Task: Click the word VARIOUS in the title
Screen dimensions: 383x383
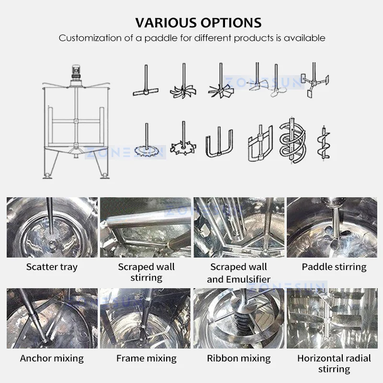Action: pyautogui.click(x=166, y=23)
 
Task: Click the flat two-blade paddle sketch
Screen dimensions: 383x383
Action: pyautogui.click(x=146, y=80)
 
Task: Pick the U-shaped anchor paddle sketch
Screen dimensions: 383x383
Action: pyautogui.click(x=219, y=142)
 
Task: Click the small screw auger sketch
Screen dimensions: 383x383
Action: pyautogui.click(x=324, y=144)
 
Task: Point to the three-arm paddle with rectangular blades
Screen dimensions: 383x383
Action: pyautogui.click(x=315, y=80)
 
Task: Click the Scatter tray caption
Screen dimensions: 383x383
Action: pyautogui.click(x=52, y=267)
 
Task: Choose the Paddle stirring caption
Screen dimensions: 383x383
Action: pyautogui.click(x=334, y=267)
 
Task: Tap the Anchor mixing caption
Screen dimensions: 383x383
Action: pyautogui.click(x=52, y=358)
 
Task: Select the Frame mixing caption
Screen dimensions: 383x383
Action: pyautogui.click(x=146, y=358)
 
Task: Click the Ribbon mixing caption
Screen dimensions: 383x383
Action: pyautogui.click(x=238, y=358)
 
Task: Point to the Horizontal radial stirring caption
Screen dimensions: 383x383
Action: pyautogui.click(x=334, y=363)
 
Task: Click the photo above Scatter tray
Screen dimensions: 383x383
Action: pyautogui.click(x=52, y=227)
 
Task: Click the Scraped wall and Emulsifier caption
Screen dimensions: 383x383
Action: pyautogui.click(x=238, y=273)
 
